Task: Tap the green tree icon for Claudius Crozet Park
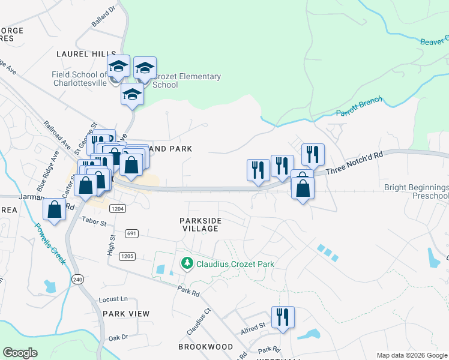point(187,263)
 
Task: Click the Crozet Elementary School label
point(186,80)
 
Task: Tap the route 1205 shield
point(127,256)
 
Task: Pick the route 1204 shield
point(118,208)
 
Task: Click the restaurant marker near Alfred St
point(282,316)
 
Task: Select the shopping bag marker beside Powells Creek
point(54,209)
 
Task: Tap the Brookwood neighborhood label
point(205,347)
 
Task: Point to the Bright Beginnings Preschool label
point(417,192)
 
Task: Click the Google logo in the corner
point(20,353)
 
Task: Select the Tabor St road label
point(94,223)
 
